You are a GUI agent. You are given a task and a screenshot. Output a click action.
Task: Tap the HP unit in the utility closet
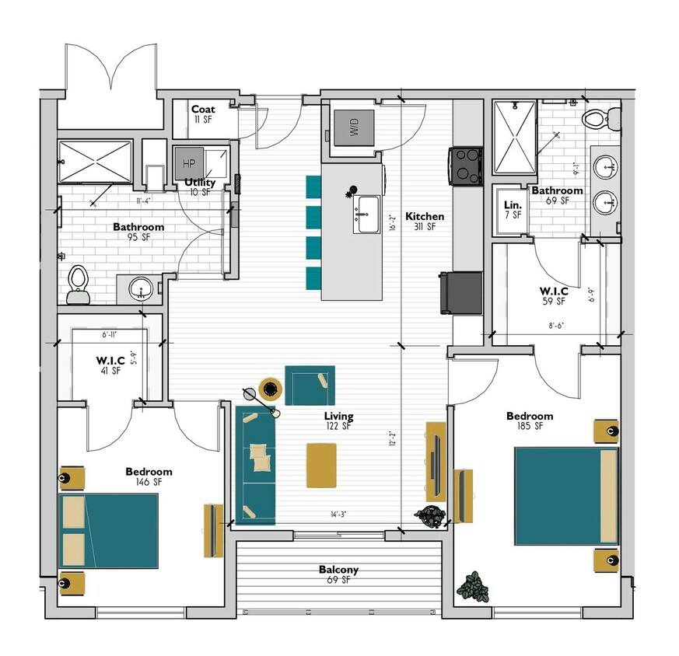[188, 162]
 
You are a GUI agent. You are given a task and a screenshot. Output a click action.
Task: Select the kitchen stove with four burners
[464, 165]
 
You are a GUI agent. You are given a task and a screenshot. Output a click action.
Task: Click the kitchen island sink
[366, 213]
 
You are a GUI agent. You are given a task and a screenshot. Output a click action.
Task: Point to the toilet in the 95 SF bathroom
[78, 284]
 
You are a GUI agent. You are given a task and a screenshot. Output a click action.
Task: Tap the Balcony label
[338, 570]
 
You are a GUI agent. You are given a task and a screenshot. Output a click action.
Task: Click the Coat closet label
[203, 110]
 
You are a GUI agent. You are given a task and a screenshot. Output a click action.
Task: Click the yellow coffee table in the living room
[322, 465]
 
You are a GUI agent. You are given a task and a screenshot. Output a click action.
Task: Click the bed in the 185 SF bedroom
[565, 495]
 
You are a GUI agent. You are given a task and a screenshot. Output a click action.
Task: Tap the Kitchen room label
[425, 217]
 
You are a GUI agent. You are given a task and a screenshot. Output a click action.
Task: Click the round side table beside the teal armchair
[270, 386]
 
